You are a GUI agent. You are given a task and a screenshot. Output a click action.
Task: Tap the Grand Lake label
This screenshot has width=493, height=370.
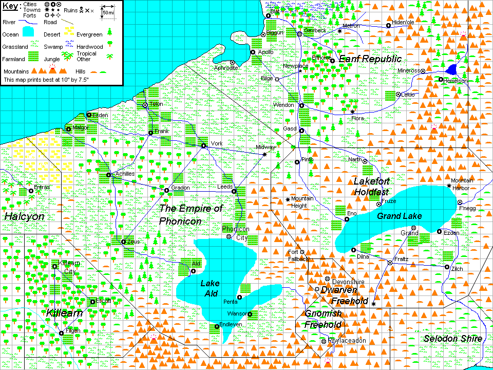(x=399, y=216)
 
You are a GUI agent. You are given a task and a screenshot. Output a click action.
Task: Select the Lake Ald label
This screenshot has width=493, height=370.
(x=210, y=288)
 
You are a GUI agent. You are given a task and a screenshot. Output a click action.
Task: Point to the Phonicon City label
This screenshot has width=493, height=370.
(x=236, y=232)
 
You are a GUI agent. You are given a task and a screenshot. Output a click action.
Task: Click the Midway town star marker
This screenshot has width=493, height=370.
(x=264, y=155)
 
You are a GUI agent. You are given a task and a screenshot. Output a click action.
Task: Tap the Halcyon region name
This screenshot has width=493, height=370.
(x=24, y=217)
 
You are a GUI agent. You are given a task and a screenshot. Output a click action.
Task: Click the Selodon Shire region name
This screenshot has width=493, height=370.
(x=452, y=339)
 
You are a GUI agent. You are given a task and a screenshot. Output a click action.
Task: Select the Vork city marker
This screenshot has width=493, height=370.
(x=203, y=146)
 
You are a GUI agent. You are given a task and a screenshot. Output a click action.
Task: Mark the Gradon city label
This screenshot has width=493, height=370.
(x=180, y=188)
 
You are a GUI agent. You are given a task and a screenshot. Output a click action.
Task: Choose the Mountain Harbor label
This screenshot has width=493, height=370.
(x=462, y=183)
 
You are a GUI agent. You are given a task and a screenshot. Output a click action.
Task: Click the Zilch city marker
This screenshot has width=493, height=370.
(x=447, y=267)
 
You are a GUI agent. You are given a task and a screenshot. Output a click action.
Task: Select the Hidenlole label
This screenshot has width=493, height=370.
(x=403, y=23)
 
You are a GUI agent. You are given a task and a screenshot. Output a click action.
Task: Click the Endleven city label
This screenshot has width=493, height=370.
(x=231, y=324)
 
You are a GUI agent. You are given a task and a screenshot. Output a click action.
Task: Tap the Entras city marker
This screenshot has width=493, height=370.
(x=31, y=191)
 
